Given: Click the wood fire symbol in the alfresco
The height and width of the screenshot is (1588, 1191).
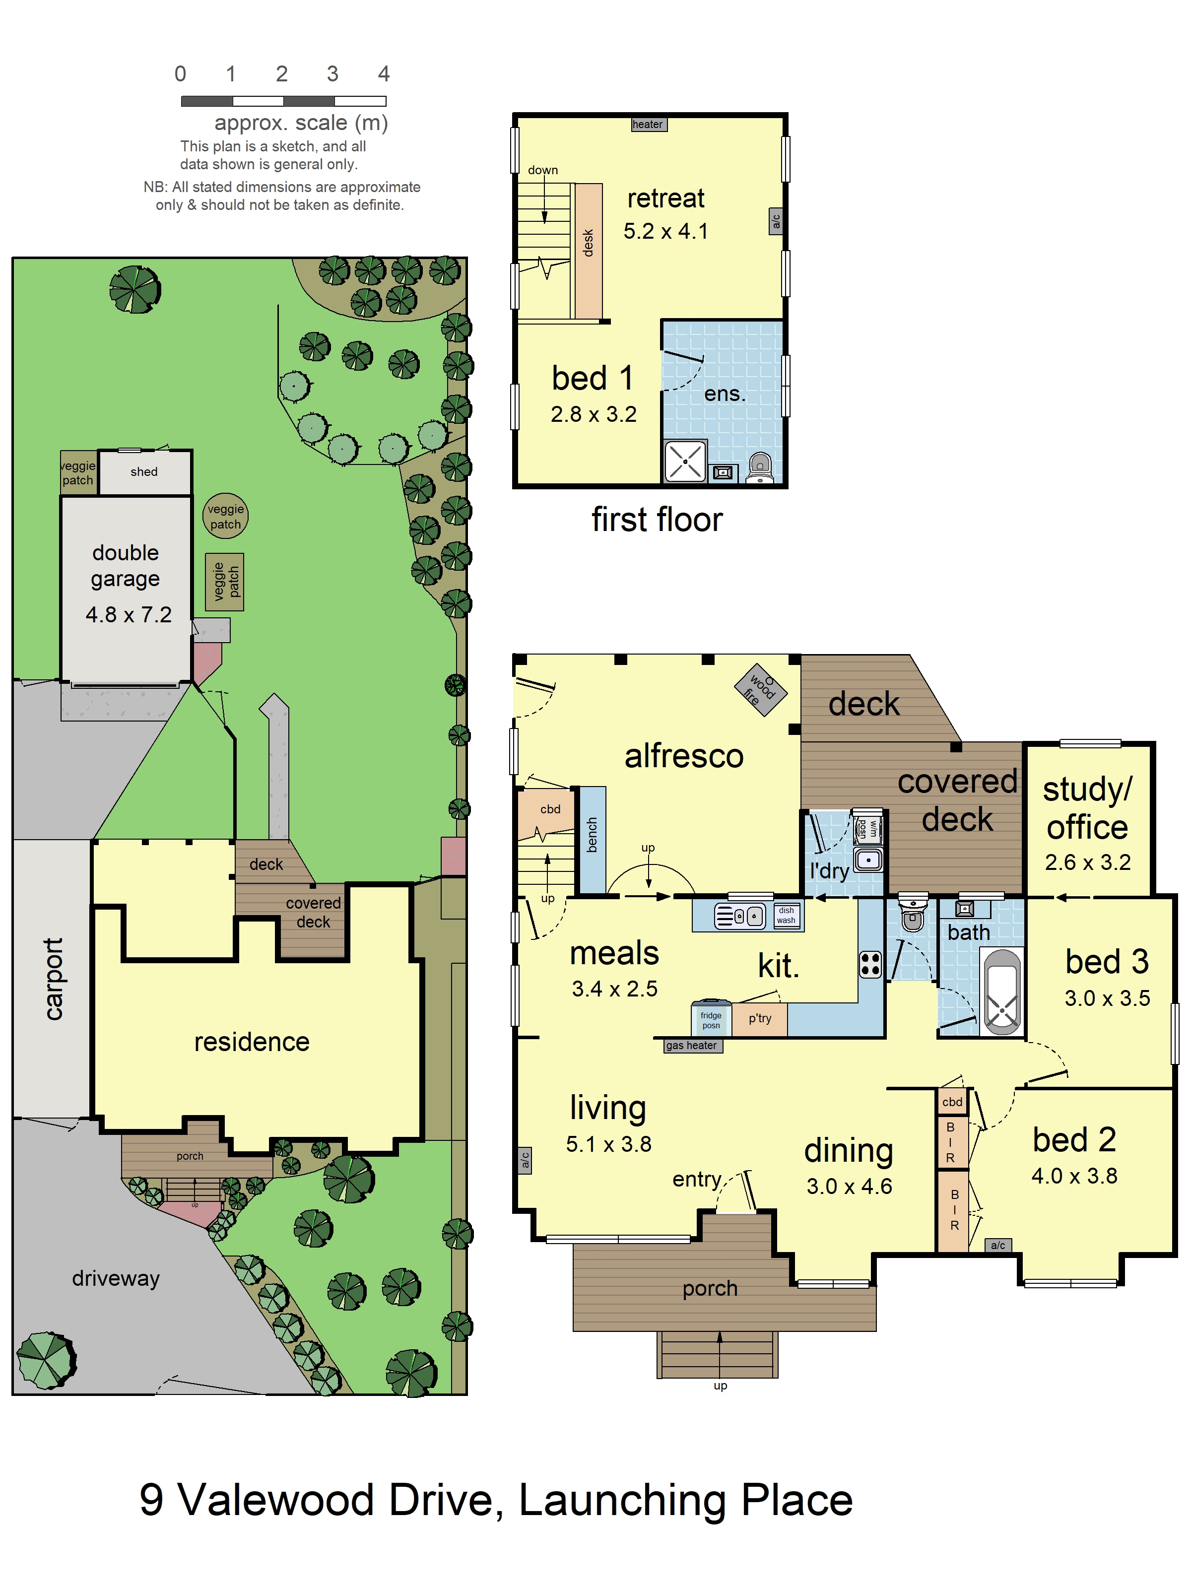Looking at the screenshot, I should click(760, 690).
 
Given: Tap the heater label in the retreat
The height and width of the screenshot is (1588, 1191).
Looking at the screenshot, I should click(648, 124).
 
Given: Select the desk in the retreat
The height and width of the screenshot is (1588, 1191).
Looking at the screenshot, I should click(588, 251).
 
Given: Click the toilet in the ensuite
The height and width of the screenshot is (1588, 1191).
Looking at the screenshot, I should click(760, 467).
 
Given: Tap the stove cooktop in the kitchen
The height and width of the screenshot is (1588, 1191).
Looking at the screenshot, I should click(870, 964).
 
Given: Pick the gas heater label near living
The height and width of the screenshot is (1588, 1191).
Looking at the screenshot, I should click(691, 1045).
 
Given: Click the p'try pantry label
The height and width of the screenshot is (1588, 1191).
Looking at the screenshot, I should click(760, 1018).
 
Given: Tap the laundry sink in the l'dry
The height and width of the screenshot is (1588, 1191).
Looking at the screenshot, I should click(868, 860).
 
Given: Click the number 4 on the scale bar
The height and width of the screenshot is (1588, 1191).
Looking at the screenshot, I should click(384, 74).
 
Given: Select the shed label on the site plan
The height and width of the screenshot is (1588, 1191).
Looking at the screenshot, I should click(144, 471).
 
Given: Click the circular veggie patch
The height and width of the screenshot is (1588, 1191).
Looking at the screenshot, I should click(225, 516).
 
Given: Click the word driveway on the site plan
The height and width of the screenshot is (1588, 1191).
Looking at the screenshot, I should click(116, 1278).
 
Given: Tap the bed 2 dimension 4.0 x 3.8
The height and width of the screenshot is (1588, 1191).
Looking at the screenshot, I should click(1074, 1176).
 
